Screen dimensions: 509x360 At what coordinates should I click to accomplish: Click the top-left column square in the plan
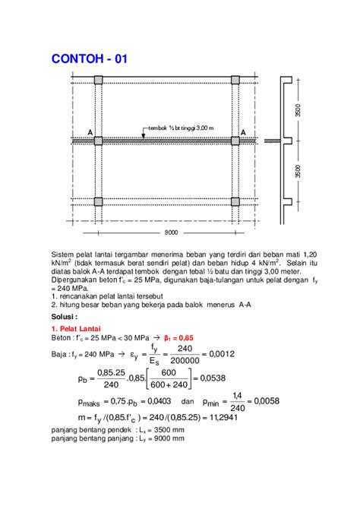click(98, 80)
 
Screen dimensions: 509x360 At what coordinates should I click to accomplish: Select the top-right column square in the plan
click(235, 80)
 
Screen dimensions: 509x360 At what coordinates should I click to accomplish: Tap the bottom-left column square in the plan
click(98, 201)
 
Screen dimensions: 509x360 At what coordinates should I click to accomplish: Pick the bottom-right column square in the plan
click(235, 201)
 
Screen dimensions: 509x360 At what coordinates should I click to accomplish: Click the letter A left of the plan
click(90, 132)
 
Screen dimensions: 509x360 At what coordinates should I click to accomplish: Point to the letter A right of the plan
click(243, 132)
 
